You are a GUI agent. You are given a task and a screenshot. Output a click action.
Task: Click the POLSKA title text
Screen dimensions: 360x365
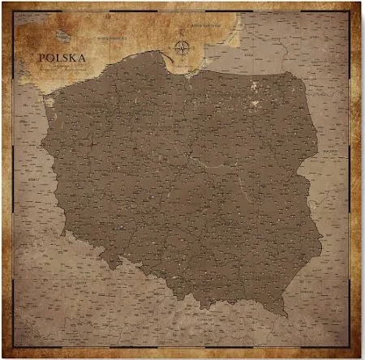coord(63,58)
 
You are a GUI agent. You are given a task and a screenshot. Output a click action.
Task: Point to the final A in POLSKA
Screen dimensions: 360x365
coord(84,58)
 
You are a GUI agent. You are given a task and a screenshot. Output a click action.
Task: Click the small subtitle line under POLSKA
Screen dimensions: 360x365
coord(63,68)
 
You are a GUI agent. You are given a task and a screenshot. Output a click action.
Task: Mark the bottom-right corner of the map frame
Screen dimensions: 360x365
coord(350,347)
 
